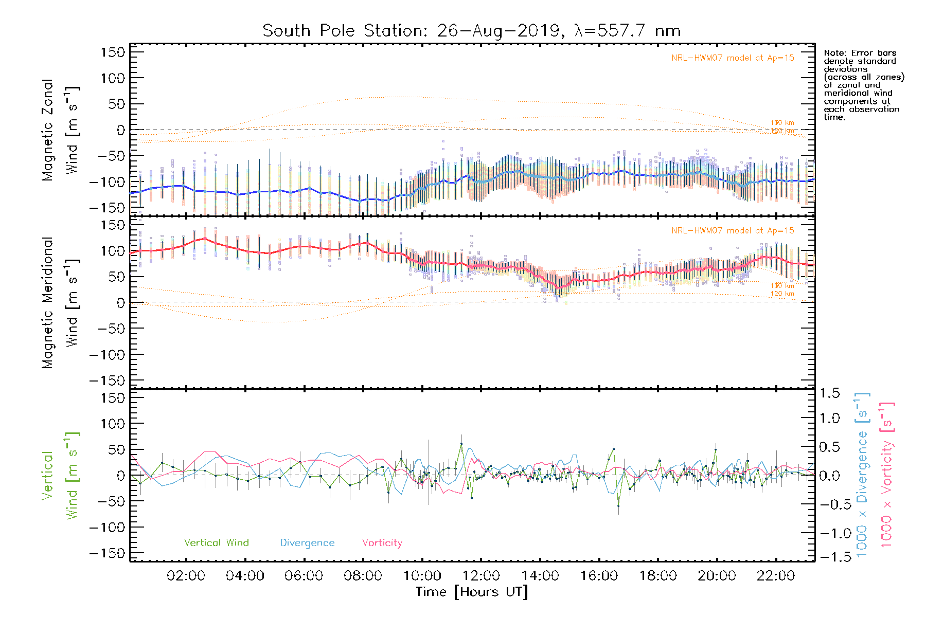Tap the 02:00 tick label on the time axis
[x=186, y=576]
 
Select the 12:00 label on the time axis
[x=481, y=576]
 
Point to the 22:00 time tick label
[x=776, y=576]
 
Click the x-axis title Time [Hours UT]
[x=472, y=592]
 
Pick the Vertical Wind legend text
[x=216, y=543]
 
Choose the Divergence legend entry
[x=307, y=543]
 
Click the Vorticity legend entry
[x=382, y=543]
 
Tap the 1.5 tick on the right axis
[x=829, y=393]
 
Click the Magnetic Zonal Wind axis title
[x=61, y=130]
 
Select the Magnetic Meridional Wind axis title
[x=61, y=302]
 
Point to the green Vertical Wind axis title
[x=61, y=475]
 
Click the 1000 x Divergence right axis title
[x=862, y=475]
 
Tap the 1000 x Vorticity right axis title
[x=886, y=475]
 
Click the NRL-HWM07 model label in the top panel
[x=733, y=58]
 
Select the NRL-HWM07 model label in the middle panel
[x=733, y=231]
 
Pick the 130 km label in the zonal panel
[x=782, y=123]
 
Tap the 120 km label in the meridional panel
[x=782, y=294]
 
